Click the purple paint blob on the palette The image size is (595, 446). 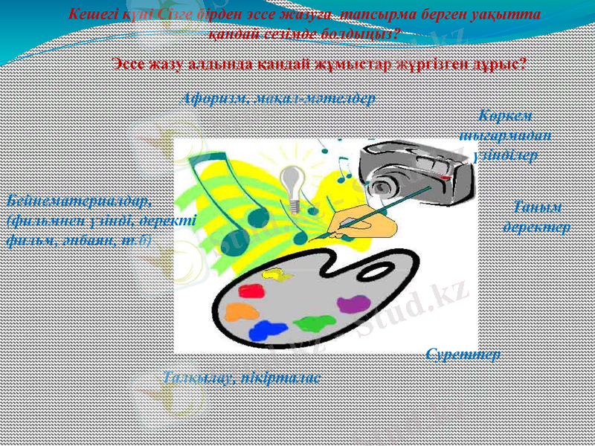[x=353, y=303]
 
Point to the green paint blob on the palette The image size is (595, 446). [x=315, y=323]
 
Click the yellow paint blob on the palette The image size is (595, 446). [x=277, y=274]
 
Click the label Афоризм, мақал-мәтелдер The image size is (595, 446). [x=278, y=97]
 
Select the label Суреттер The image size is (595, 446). [x=463, y=354]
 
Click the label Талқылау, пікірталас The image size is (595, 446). [x=242, y=378]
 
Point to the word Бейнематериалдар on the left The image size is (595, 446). [x=79, y=200]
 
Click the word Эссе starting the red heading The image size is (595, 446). [x=132, y=64]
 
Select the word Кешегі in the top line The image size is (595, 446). [x=92, y=13]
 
